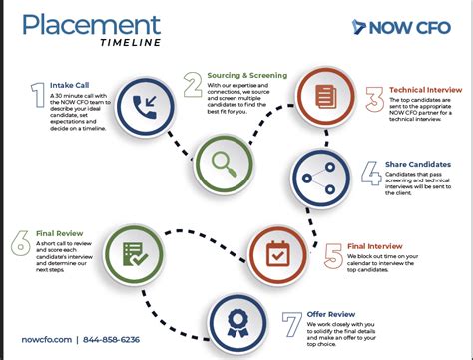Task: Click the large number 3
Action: [x=374, y=99]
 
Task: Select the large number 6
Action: [x=21, y=243]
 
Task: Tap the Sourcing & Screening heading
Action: [x=246, y=75]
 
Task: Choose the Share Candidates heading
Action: [x=418, y=164]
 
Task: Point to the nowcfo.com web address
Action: [x=50, y=338]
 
